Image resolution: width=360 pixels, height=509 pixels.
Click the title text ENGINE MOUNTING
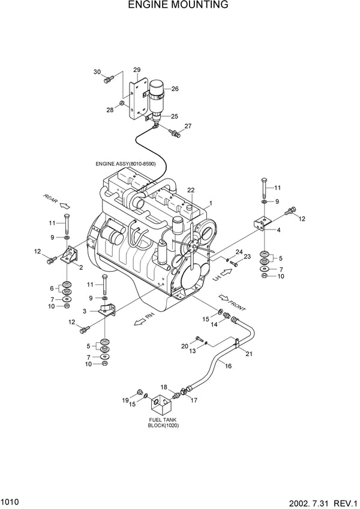tap(178, 5)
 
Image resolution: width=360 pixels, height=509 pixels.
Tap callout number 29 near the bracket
tap(137, 70)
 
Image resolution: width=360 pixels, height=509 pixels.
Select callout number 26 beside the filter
tap(175, 89)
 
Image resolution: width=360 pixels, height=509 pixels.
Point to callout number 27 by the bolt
tap(188, 126)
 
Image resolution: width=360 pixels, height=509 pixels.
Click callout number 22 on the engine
tap(191, 190)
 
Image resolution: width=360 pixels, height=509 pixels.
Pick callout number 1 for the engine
tap(210, 204)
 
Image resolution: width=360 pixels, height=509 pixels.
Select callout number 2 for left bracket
tap(81, 267)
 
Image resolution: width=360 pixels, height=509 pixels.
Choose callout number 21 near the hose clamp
tap(248, 354)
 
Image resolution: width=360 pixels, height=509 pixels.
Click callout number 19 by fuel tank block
tap(125, 400)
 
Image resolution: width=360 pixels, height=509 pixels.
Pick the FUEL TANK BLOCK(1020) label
tap(163, 422)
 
